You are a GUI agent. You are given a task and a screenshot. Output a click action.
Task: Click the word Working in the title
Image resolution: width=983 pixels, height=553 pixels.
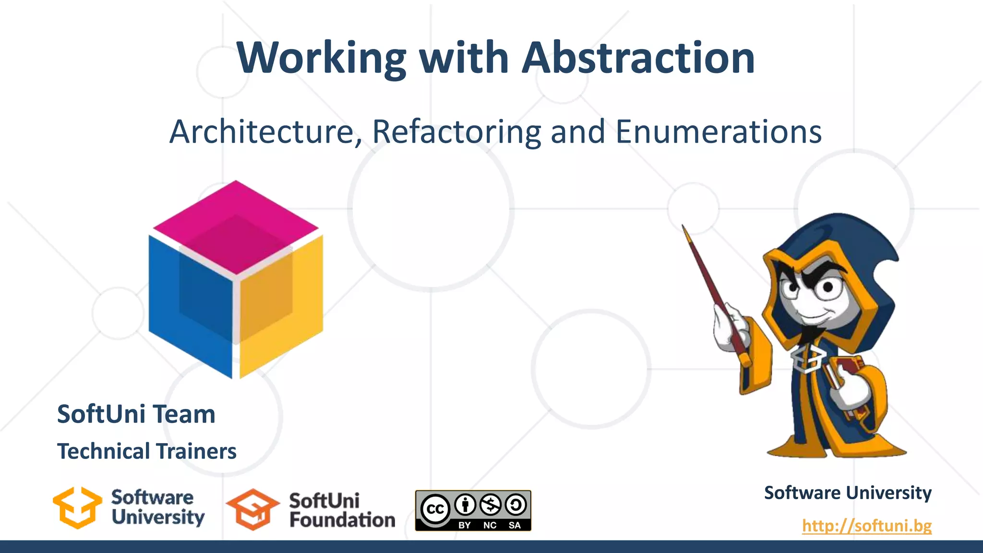(x=322, y=59)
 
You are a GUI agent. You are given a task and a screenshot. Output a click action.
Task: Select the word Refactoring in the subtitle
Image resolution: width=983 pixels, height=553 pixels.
(x=456, y=132)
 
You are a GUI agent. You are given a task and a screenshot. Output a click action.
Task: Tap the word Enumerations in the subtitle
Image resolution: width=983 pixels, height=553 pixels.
(x=718, y=132)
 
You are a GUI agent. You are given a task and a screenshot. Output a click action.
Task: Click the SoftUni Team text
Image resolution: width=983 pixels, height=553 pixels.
(x=136, y=414)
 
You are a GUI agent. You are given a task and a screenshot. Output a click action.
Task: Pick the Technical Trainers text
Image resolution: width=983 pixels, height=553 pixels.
(x=146, y=451)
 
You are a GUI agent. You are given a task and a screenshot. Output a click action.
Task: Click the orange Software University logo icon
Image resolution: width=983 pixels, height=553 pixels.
(x=77, y=508)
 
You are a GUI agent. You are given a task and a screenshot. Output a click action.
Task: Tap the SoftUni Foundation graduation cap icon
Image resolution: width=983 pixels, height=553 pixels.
(x=252, y=509)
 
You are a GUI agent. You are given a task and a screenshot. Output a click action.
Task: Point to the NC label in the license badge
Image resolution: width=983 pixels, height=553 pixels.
(x=490, y=525)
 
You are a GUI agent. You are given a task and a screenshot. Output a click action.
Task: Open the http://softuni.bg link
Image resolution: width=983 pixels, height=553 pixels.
(x=866, y=526)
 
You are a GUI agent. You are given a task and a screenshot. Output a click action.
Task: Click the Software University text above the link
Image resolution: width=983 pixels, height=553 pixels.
(x=847, y=493)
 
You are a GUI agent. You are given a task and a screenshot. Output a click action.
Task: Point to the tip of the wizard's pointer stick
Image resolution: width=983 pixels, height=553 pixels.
(x=684, y=227)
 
